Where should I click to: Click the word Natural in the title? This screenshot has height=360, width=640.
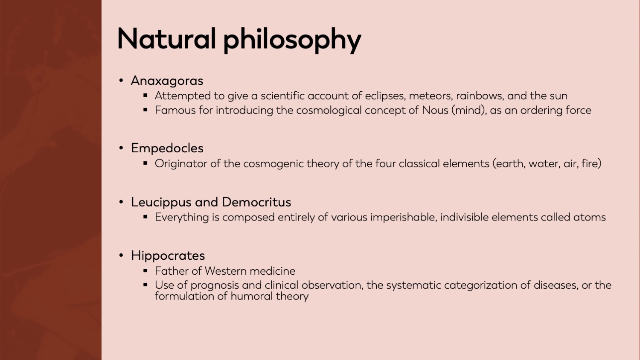click(x=166, y=39)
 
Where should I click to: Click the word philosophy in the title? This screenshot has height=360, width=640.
click(x=292, y=41)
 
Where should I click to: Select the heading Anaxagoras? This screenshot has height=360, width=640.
click(x=167, y=81)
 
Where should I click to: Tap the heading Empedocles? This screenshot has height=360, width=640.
click(x=167, y=148)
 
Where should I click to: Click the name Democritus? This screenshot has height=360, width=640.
click(x=256, y=202)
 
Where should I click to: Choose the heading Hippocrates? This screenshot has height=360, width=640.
click(x=168, y=255)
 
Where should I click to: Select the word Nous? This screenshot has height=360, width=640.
click(x=435, y=110)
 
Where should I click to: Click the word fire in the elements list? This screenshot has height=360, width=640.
click(x=591, y=163)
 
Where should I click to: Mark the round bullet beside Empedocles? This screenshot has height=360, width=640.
click(x=121, y=148)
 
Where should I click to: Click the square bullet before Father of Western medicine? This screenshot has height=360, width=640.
click(x=145, y=270)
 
